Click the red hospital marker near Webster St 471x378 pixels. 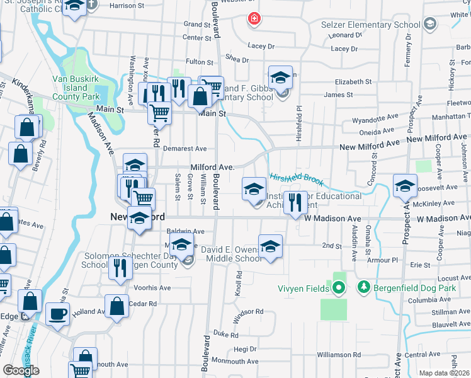tap(254, 19)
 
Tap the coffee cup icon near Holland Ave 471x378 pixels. tap(57, 313)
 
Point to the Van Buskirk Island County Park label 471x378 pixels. tap(75, 88)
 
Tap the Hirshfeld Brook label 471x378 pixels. tap(297, 180)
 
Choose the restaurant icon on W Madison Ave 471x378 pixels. tap(294, 202)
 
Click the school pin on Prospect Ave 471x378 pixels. tap(405, 185)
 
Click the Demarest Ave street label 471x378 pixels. tap(184, 149)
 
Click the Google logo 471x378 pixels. tap(21, 370)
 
